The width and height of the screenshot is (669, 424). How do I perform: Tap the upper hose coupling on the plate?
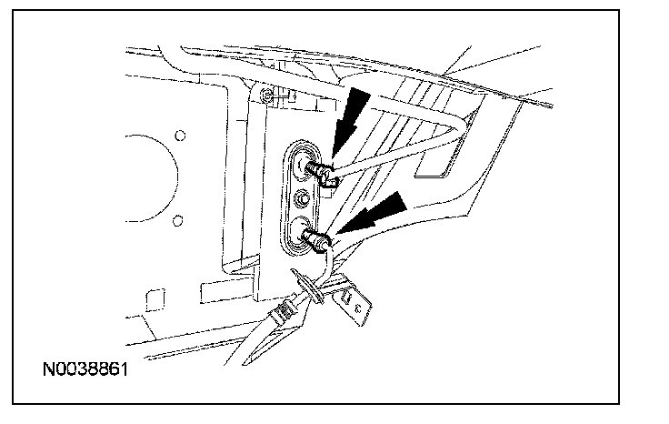click(319, 169)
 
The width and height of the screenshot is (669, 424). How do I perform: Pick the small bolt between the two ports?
click(302, 197)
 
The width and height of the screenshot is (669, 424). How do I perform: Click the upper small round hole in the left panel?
click(180, 136)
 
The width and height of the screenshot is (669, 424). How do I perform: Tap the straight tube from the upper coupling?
click(391, 149)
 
